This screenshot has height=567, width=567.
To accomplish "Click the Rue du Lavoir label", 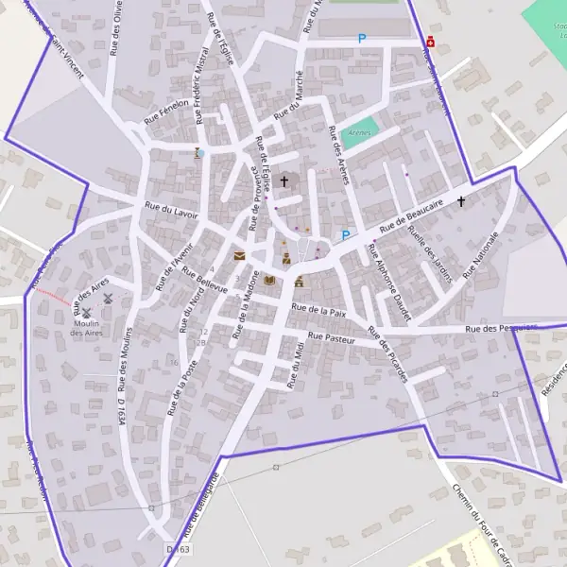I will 171,209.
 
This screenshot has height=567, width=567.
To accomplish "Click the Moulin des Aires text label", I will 87,328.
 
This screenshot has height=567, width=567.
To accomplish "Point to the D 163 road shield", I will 177,548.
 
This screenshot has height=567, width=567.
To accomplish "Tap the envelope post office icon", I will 239,255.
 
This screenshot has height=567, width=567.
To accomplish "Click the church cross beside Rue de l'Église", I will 283,180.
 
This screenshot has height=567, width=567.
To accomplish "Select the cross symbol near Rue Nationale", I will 461,201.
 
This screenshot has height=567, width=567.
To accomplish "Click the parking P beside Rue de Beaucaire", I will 345,235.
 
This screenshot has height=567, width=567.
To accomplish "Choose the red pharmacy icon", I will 431,41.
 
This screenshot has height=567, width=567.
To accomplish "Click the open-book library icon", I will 270,280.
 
